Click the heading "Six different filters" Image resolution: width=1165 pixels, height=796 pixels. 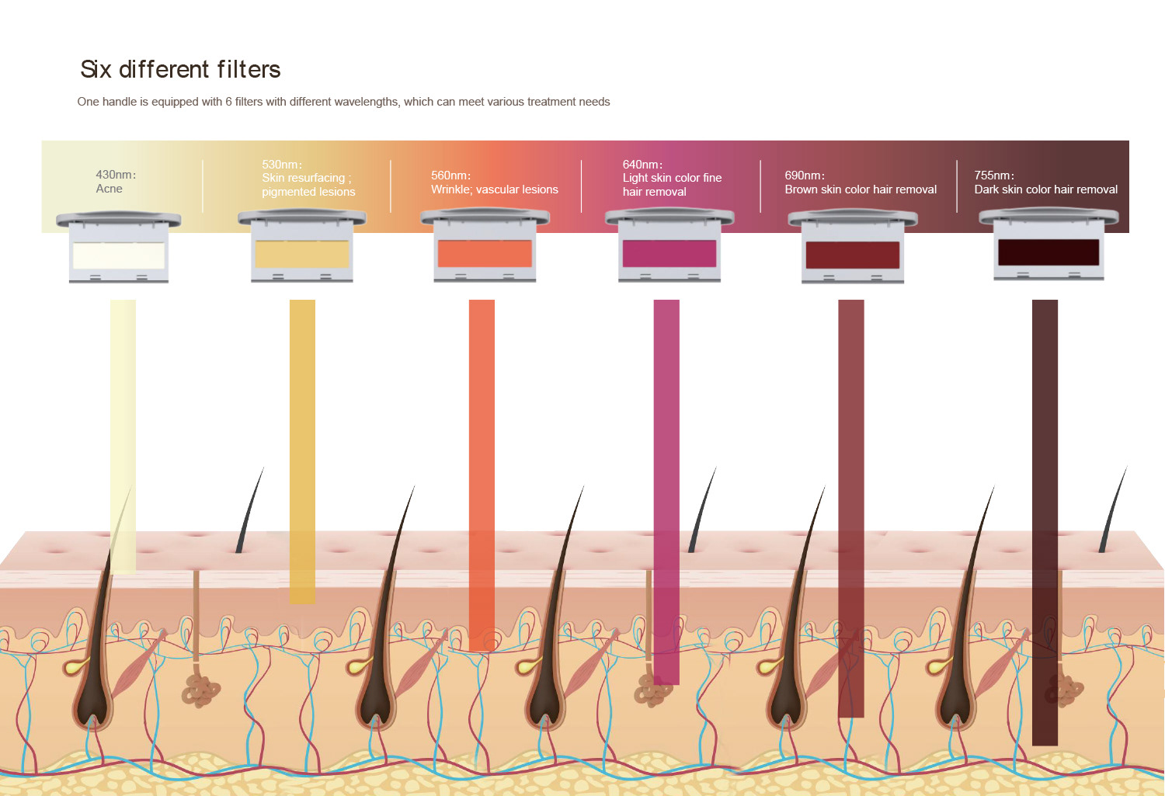[x=180, y=69]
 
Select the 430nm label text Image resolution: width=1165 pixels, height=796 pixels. [x=116, y=175]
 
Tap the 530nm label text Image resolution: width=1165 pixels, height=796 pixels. [x=282, y=165]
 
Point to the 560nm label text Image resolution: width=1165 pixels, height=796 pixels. [x=451, y=176]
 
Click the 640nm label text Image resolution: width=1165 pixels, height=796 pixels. [x=642, y=165]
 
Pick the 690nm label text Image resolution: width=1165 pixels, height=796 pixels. [x=805, y=176]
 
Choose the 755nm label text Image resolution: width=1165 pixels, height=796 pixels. [x=994, y=176]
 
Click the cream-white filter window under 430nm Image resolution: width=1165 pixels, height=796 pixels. [x=119, y=255]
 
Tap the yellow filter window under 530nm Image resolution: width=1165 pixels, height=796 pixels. [x=301, y=254]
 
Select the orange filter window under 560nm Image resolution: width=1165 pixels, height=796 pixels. [x=485, y=254]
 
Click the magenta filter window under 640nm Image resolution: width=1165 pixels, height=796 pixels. [x=669, y=254]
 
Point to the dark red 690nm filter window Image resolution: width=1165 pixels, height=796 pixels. [x=853, y=255]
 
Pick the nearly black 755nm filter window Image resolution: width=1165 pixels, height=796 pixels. [x=1048, y=252]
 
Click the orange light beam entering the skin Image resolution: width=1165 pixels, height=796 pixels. [x=482, y=475]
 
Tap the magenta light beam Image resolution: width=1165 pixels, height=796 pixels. [x=666, y=492]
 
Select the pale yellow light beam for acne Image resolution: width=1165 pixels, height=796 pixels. [x=123, y=436]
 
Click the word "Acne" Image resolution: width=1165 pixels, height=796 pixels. [x=110, y=189]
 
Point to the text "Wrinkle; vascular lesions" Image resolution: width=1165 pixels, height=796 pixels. [x=494, y=189]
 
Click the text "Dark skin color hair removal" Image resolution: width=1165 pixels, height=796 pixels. [x=1045, y=189]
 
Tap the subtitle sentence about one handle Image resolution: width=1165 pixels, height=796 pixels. [x=343, y=102]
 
